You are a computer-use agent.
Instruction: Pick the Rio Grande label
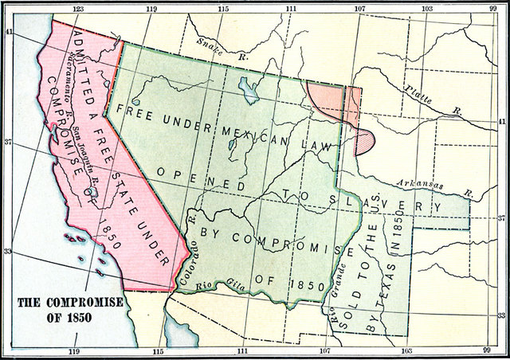pos(326,301)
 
